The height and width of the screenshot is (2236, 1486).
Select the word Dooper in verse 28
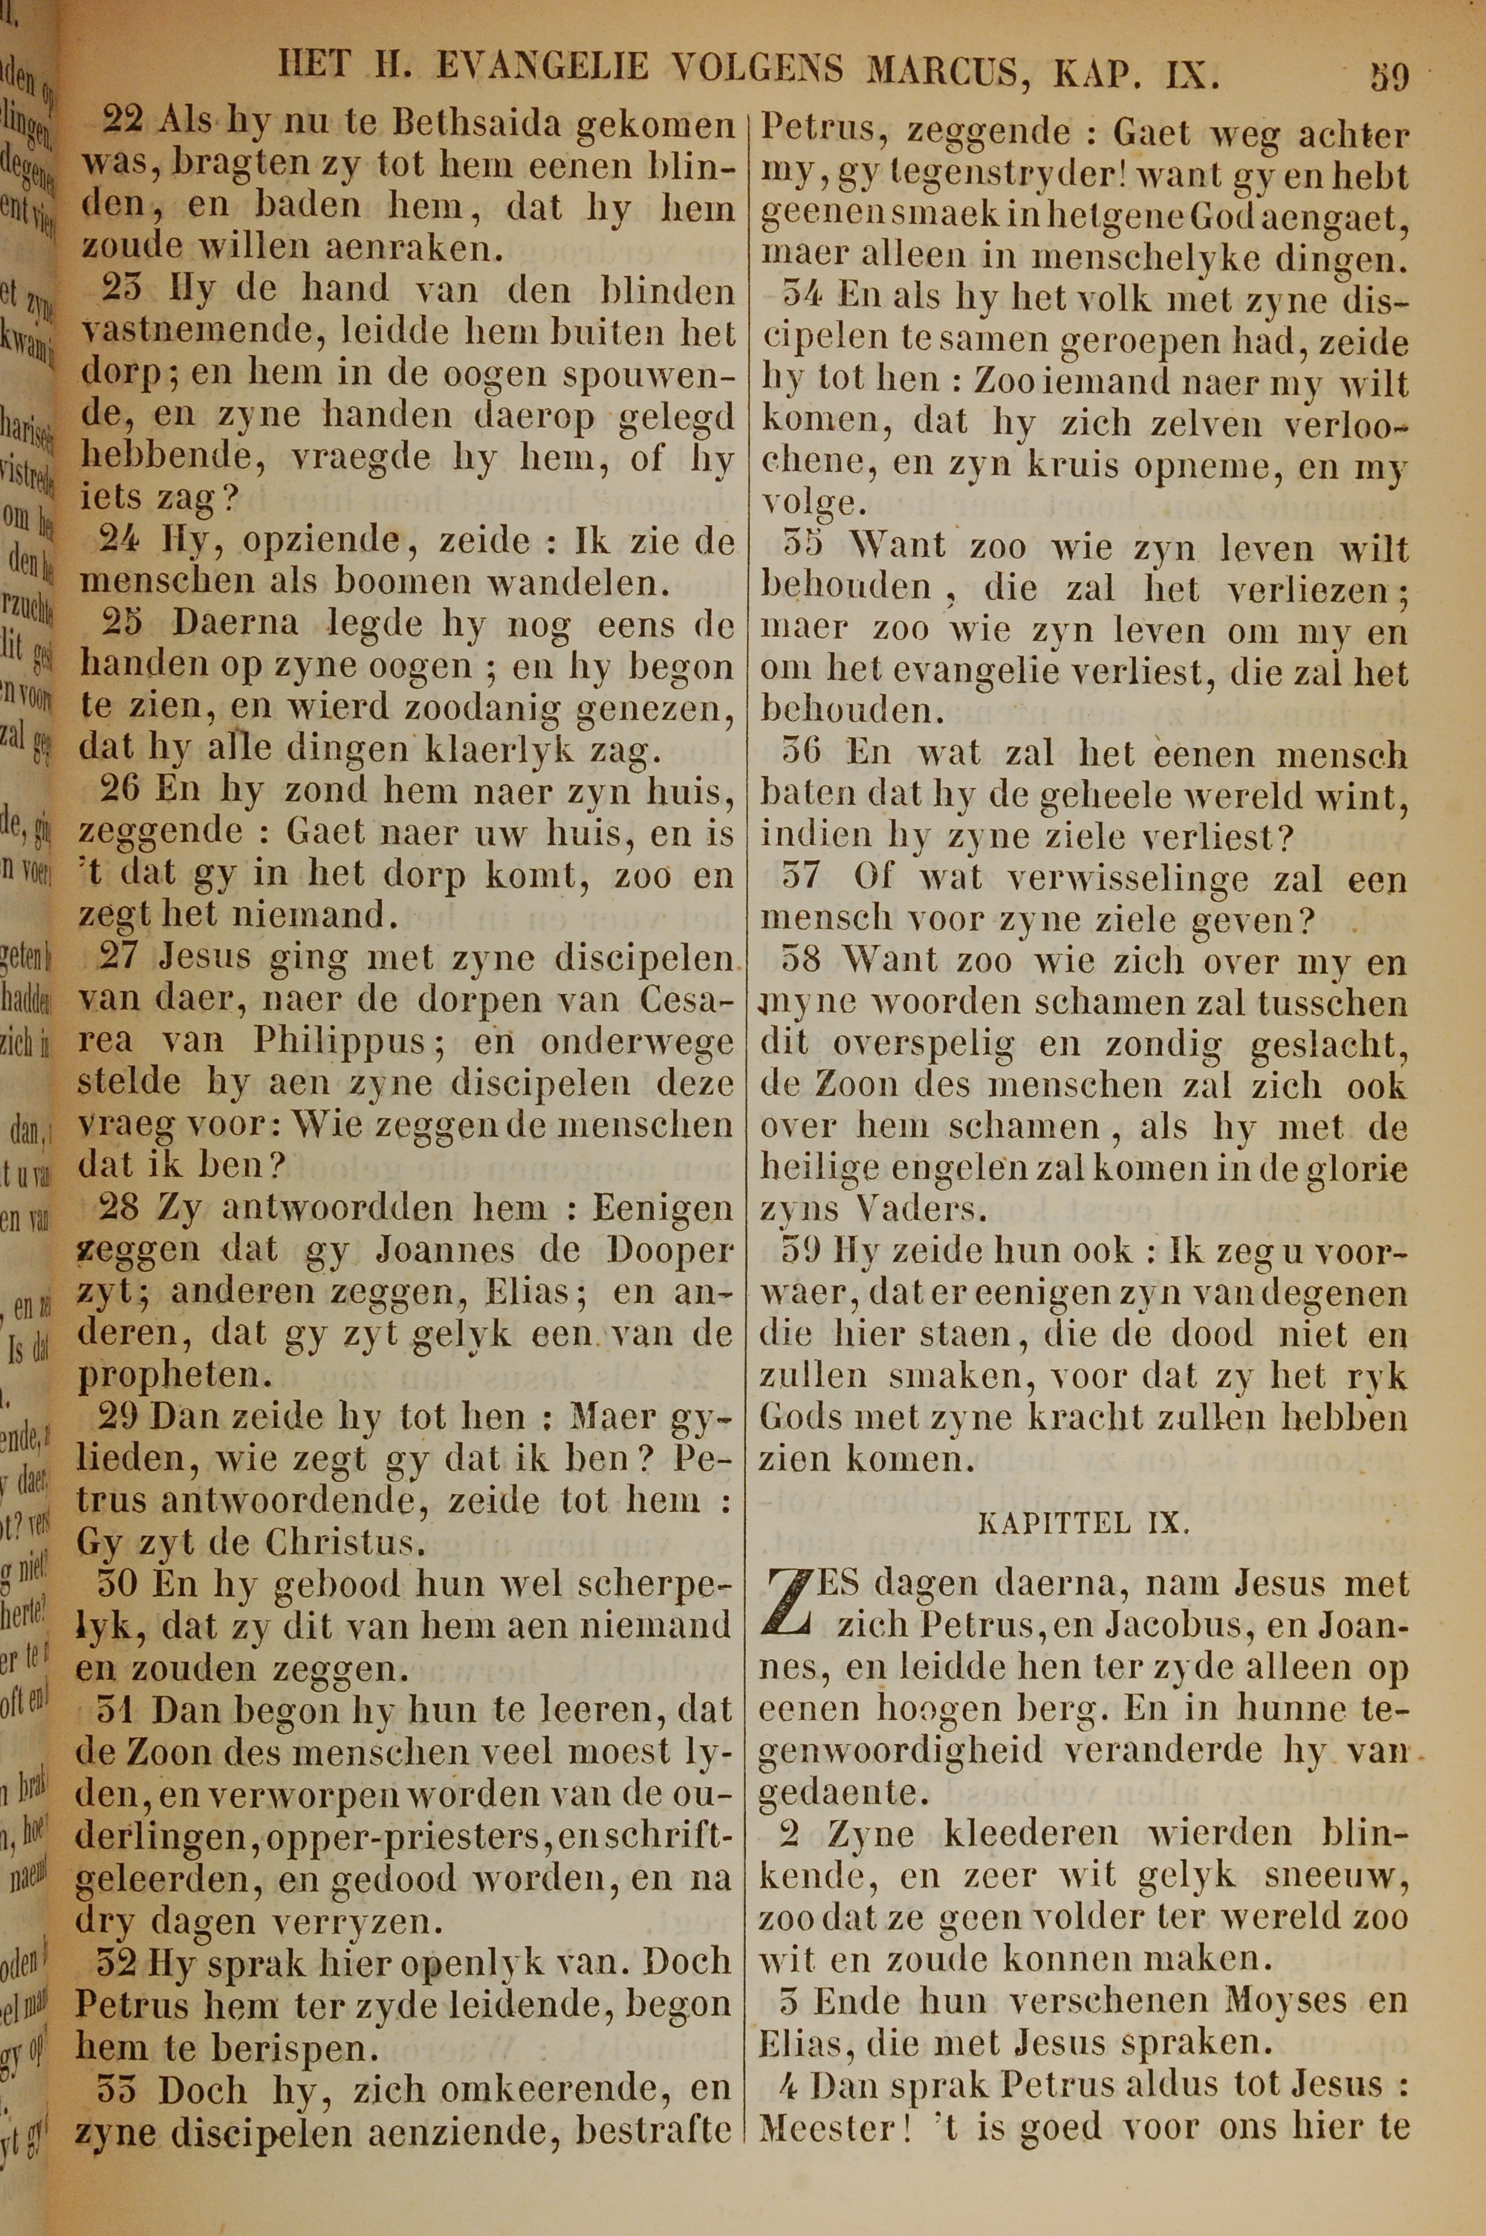point(671,1251)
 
